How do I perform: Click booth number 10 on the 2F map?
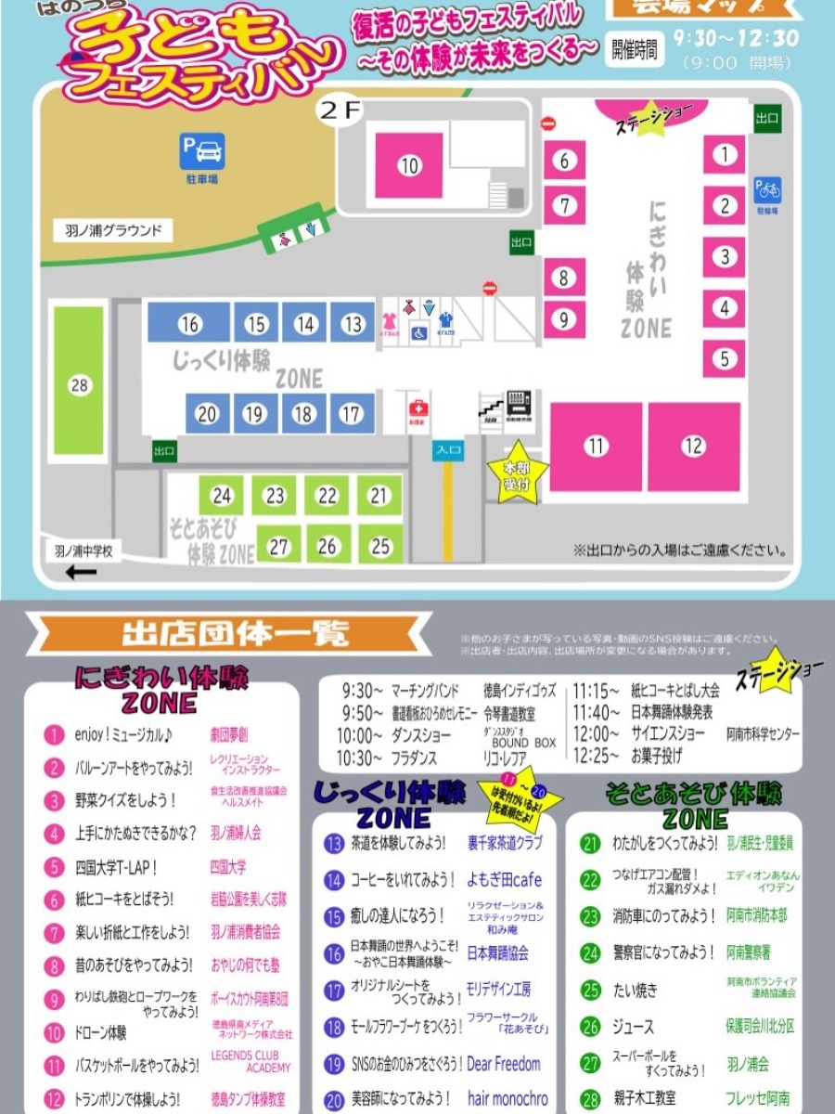(x=409, y=166)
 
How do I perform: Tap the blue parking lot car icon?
(x=202, y=150)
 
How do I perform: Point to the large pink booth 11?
(x=596, y=447)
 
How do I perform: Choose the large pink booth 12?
(x=694, y=447)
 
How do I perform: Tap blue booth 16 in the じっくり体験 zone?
(x=189, y=324)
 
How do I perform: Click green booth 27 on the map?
(x=279, y=547)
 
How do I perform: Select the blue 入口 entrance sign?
(x=449, y=449)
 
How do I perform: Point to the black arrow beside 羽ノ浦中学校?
(x=80, y=572)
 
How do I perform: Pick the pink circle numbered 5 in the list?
(x=54, y=868)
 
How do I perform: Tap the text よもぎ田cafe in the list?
(x=505, y=879)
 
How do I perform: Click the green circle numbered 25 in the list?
(x=591, y=990)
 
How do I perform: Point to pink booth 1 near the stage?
(x=725, y=155)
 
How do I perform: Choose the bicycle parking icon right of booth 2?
(x=767, y=189)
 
